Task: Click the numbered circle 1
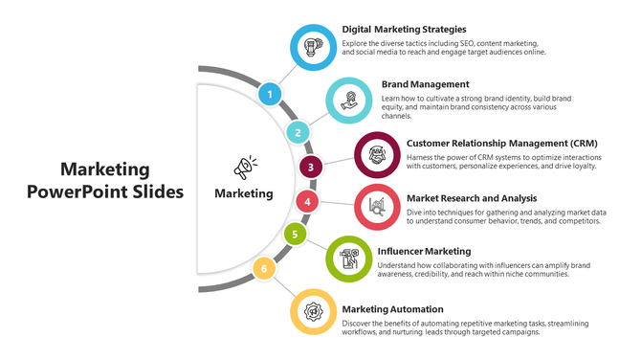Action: [x=271, y=94]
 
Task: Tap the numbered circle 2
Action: [x=298, y=132]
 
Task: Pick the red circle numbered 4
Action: [x=306, y=201]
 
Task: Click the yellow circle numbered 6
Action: [x=263, y=269]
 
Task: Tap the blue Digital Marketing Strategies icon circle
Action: [x=312, y=47]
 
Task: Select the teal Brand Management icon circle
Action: [x=349, y=100]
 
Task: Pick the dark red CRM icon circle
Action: [x=377, y=153]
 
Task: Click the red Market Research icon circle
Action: [x=377, y=206]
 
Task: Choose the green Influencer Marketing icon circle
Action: [x=349, y=259]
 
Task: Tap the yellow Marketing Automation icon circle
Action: [x=312, y=311]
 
